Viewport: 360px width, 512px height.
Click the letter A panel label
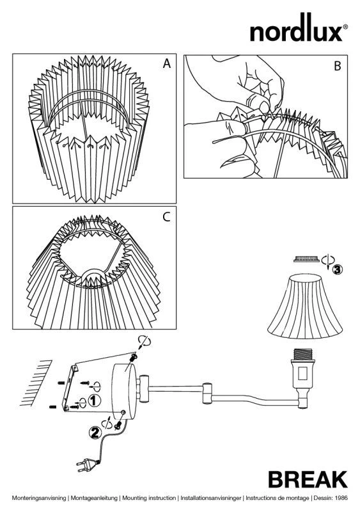[x=167, y=63]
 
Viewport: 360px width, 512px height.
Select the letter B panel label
[x=338, y=66]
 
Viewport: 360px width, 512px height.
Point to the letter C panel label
[x=166, y=217]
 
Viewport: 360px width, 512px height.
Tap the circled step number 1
[x=95, y=401]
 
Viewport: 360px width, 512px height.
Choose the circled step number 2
[x=95, y=433]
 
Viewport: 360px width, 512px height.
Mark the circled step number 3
[x=337, y=269]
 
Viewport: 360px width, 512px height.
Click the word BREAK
[x=308, y=479]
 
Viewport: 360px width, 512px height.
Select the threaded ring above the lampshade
[x=306, y=259]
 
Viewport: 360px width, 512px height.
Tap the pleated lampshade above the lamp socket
[x=305, y=307]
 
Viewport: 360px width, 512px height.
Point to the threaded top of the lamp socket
[x=304, y=355]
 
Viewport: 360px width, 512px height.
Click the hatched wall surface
[x=36, y=383]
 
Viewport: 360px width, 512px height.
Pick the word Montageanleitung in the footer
[x=94, y=498]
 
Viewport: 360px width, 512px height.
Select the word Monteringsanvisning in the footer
[x=39, y=498]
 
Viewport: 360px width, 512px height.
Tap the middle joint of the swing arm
[x=207, y=393]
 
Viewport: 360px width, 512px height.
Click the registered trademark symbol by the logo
[x=345, y=27]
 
